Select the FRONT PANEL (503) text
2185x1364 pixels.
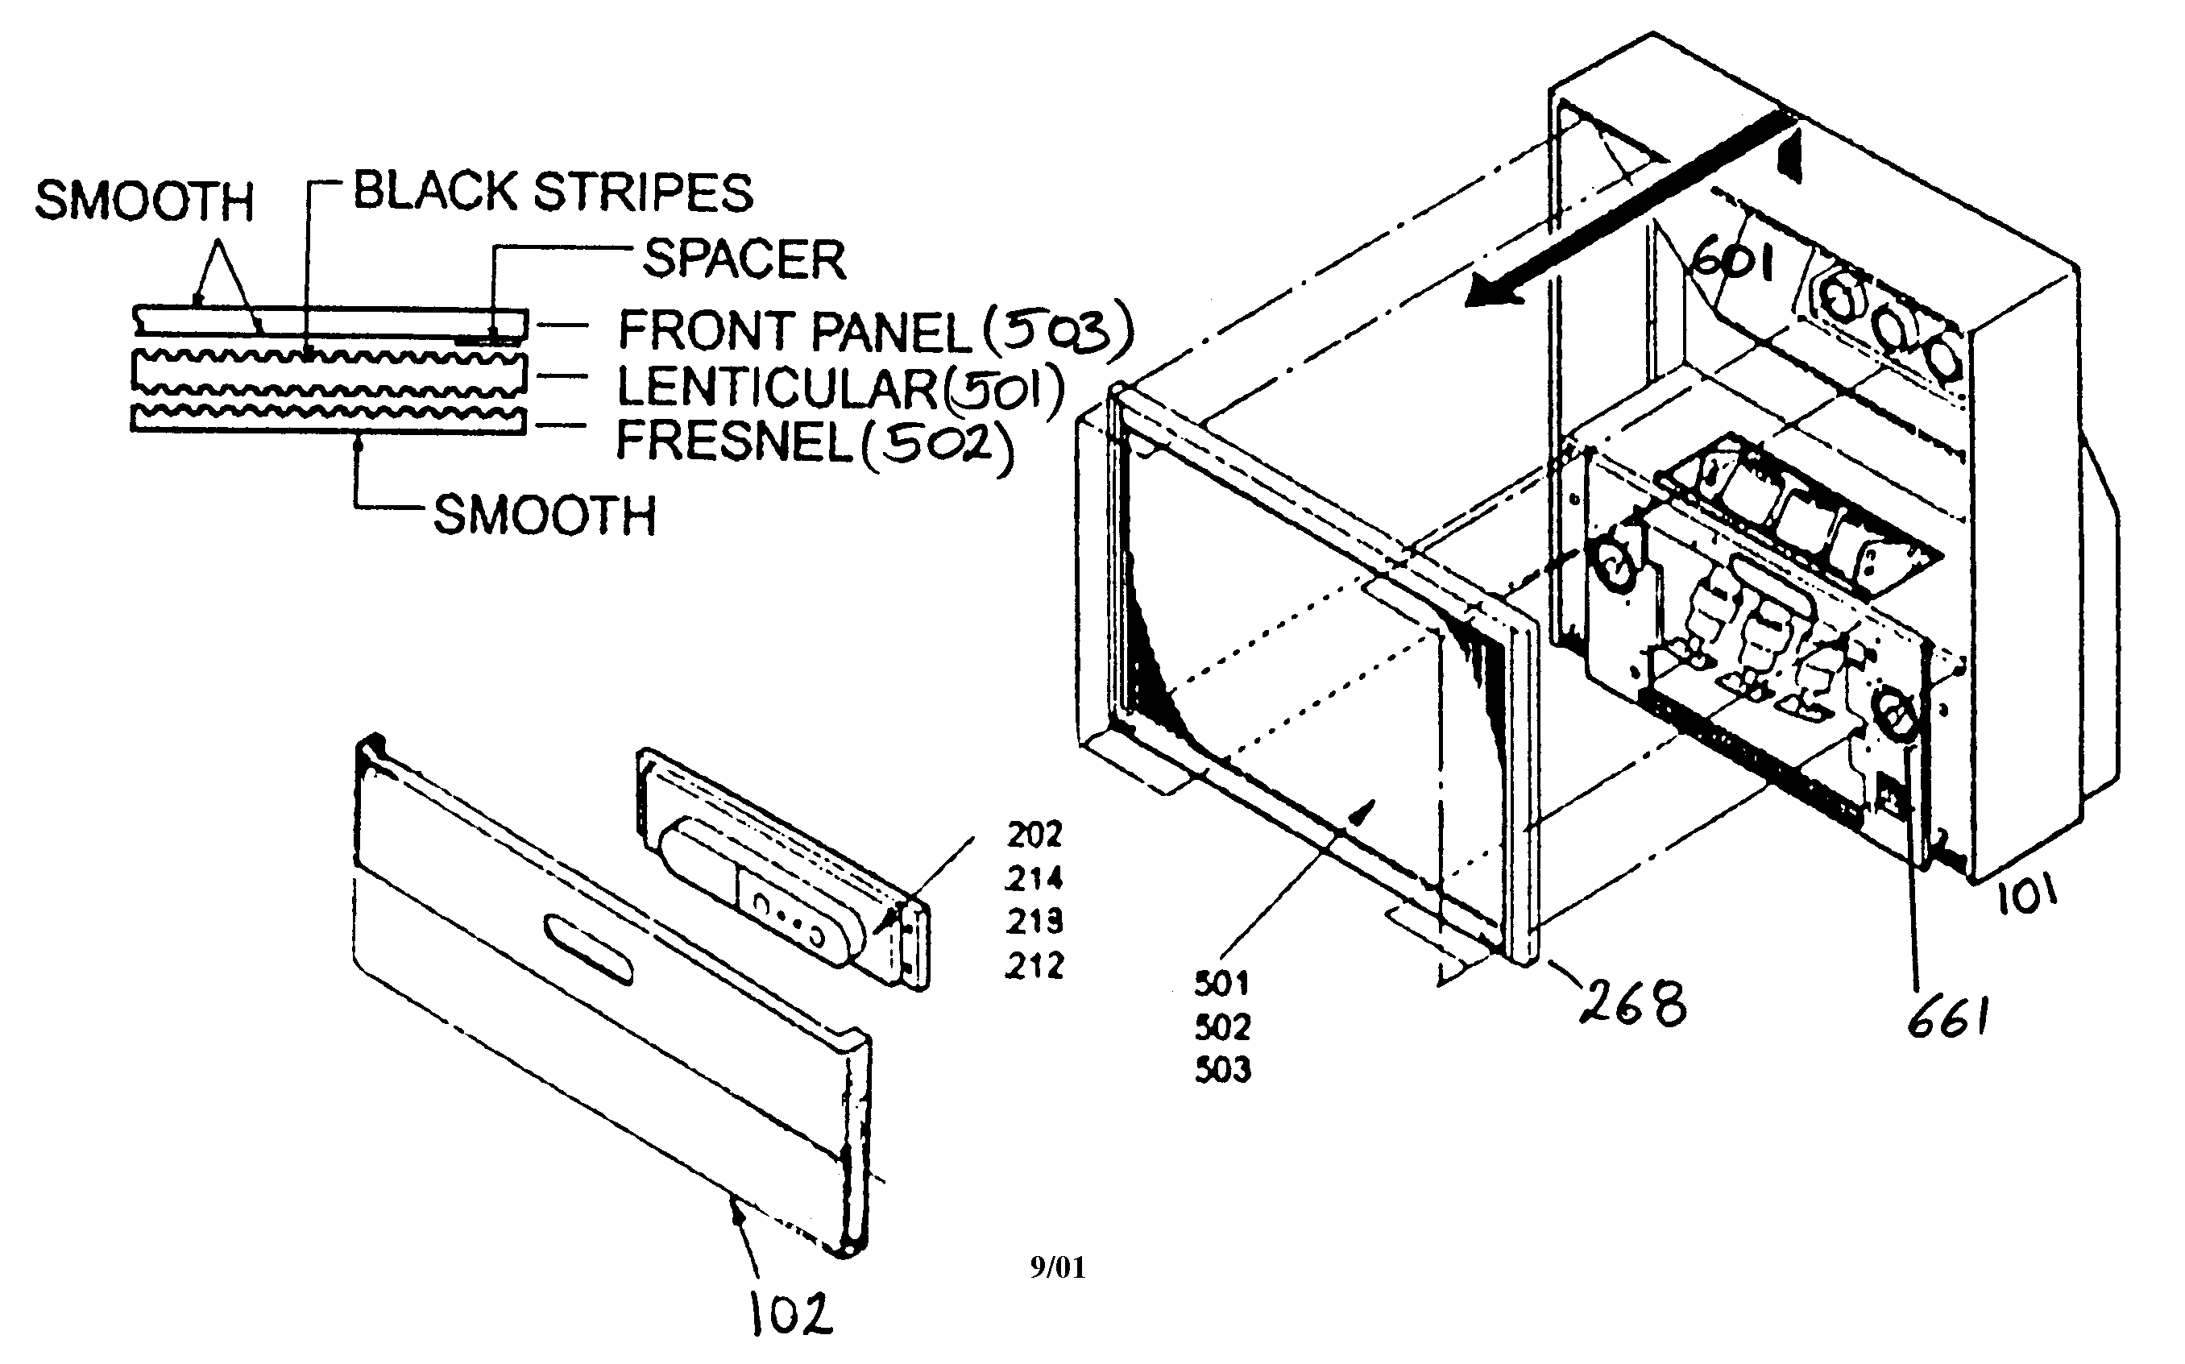(x=873, y=330)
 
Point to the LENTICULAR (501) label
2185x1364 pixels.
(x=839, y=388)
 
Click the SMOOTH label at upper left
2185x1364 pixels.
(x=144, y=201)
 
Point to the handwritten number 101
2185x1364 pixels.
(x=2026, y=898)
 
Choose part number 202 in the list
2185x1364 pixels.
(x=1034, y=835)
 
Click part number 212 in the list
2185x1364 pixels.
(x=1034, y=966)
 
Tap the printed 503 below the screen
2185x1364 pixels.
(x=1223, y=1070)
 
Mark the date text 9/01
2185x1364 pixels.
(x=1057, y=1267)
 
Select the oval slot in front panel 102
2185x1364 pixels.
(x=588, y=949)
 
